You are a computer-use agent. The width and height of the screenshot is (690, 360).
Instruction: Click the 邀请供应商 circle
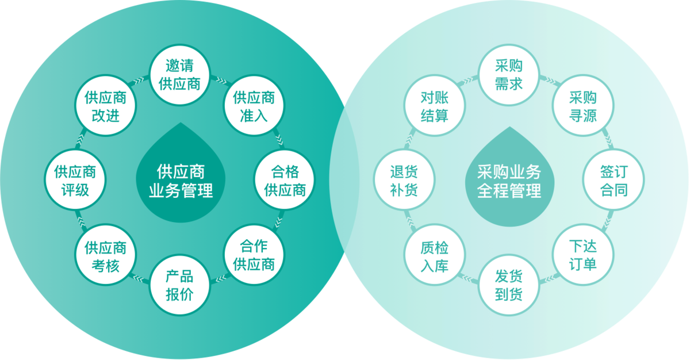pos(180,75)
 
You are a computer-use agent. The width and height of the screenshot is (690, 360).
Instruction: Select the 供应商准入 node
pos(254,106)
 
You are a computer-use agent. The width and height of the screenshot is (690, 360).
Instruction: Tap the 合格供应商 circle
pos(285,181)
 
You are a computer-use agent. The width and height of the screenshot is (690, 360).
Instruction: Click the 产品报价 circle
pos(180,285)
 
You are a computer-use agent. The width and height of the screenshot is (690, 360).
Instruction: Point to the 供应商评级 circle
pos(75,181)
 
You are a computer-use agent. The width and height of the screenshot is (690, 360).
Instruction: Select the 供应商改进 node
pos(105,106)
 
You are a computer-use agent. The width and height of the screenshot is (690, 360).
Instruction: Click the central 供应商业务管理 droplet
pos(181,178)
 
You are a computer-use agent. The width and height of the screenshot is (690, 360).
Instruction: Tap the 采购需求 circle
pos(509,75)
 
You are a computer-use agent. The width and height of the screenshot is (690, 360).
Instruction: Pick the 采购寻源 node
pos(582,106)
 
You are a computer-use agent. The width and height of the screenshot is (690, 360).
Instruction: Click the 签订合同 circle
pos(614,181)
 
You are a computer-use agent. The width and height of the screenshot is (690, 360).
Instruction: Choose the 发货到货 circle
pos(509,285)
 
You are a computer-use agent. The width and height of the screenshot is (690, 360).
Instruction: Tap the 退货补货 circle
pos(404,181)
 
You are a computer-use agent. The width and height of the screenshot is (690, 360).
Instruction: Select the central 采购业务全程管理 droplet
pos(509,178)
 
